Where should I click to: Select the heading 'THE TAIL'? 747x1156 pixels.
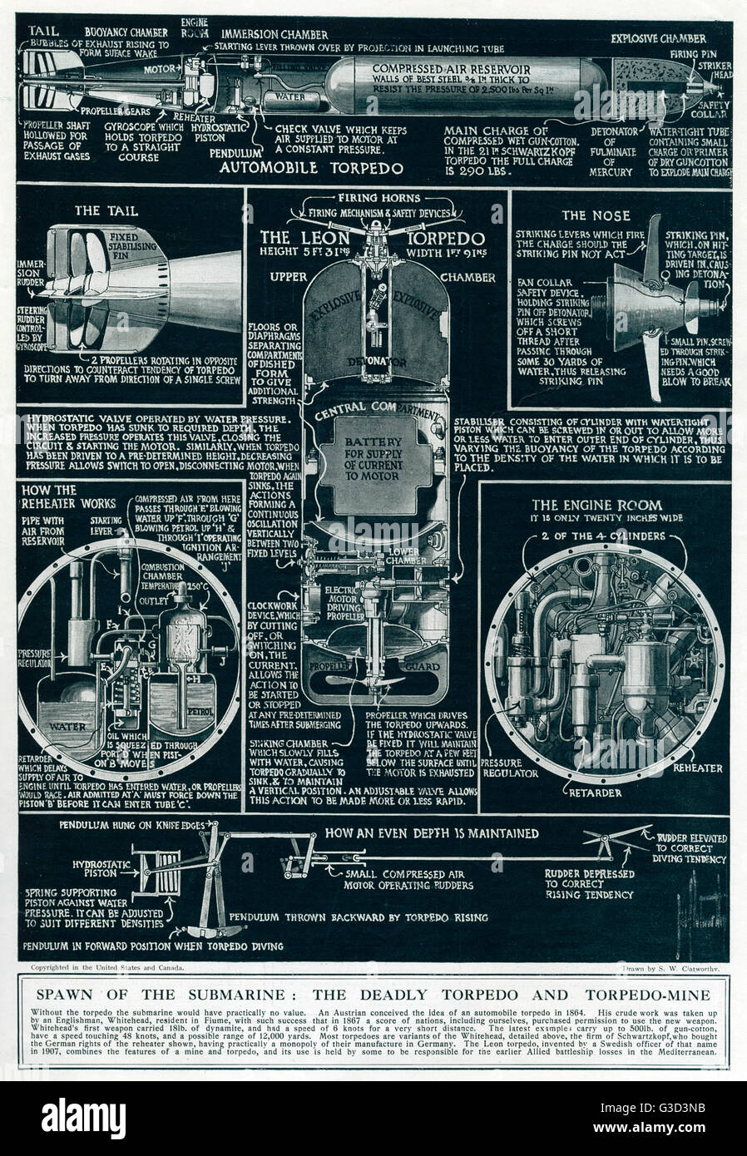pyautogui.click(x=106, y=211)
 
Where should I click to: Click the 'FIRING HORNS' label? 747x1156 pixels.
pyautogui.click(x=379, y=199)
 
